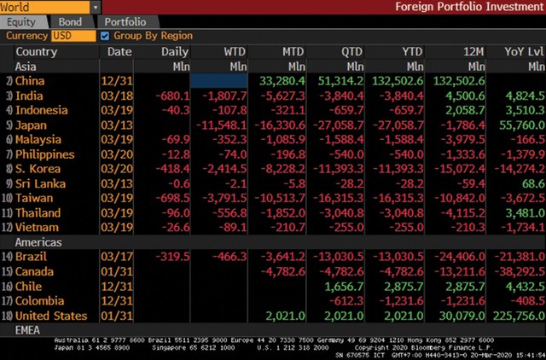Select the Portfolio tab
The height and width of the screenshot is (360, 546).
tap(125, 22)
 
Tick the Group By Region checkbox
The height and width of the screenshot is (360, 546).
tap(105, 36)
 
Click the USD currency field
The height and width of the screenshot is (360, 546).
tap(73, 36)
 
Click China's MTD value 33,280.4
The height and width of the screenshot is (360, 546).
tap(282, 80)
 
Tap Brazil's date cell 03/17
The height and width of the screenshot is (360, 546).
tap(119, 257)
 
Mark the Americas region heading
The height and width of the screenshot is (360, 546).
tap(38, 242)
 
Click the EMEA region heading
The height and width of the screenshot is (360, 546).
tap(30, 330)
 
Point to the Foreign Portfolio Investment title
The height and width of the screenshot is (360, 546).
tap(468, 7)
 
